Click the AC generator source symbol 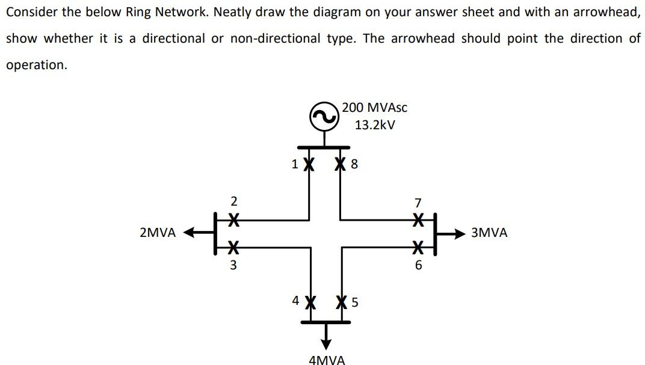point(325,117)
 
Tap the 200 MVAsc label point(374,108)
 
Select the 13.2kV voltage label point(374,125)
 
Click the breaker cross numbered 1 point(309,163)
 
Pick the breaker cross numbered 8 point(341,163)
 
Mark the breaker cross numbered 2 point(233,221)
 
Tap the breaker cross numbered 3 point(233,245)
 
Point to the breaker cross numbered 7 point(418,221)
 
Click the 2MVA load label point(158,233)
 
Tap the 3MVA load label point(489,233)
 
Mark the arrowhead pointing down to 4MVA point(326,344)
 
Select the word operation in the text point(36,65)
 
